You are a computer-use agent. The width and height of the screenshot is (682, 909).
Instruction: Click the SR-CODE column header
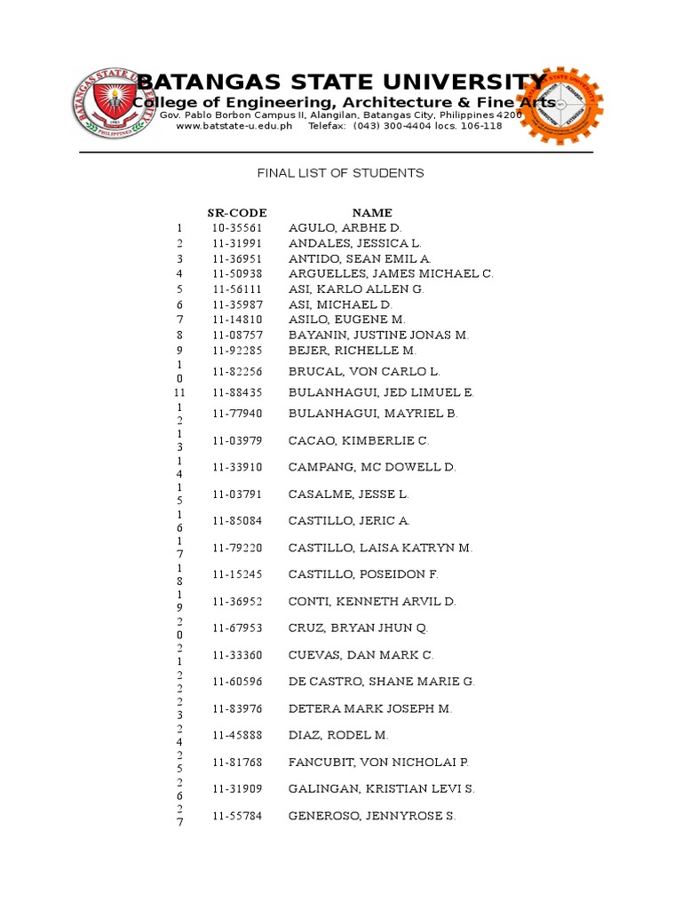(237, 213)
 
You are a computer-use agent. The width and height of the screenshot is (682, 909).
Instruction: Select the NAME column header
(372, 213)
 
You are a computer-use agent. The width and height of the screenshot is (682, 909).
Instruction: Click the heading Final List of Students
(341, 173)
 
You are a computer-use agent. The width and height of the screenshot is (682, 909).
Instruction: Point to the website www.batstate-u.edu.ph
(234, 126)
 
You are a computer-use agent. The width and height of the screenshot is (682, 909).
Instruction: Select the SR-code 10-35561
(237, 228)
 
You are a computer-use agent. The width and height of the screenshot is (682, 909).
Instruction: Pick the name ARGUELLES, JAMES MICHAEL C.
(391, 273)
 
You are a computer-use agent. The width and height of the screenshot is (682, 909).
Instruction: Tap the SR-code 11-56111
(237, 289)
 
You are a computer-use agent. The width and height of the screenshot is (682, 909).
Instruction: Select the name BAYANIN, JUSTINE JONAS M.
(379, 335)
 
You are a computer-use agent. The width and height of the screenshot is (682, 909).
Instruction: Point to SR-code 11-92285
(237, 351)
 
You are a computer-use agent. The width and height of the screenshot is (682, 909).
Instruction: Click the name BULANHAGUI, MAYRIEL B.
(373, 414)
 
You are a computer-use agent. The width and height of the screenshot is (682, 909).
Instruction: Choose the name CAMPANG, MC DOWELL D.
(372, 467)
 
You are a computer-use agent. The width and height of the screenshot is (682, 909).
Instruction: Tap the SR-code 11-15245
(237, 574)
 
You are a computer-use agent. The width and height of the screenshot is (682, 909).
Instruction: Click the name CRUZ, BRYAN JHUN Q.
(358, 628)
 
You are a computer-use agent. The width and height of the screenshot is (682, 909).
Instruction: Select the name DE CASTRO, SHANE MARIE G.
(382, 682)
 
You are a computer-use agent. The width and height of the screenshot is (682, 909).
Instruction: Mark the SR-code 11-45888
(237, 735)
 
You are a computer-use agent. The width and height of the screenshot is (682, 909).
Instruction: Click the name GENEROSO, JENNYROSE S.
(372, 816)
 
